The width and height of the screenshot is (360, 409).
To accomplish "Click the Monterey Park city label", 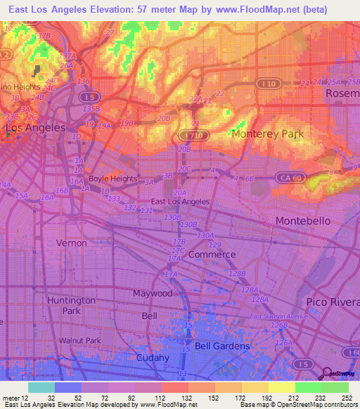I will click(x=266, y=134).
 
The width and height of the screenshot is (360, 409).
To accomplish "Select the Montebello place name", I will click(x=302, y=221).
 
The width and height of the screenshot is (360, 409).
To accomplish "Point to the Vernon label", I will click(x=72, y=243).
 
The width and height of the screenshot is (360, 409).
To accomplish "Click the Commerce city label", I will click(x=212, y=254).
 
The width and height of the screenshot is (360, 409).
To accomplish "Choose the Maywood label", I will click(x=153, y=293).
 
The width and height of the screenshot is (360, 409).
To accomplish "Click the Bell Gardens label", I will click(x=222, y=346).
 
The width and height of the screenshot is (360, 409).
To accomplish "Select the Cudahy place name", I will click(x=152, y=358).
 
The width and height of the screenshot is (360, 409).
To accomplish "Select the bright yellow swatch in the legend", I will click(x=281, y=387).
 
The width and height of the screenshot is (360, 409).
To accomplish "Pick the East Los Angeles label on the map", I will click(x=180, y=202).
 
